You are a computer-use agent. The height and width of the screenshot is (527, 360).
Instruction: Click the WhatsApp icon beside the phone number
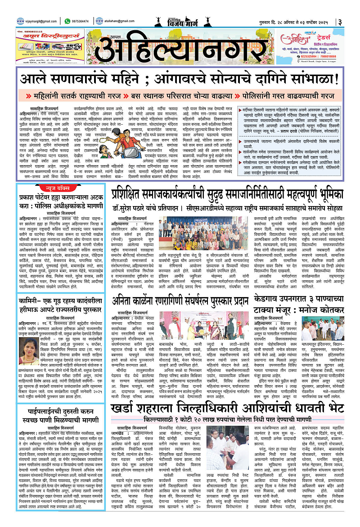(67, 20)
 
